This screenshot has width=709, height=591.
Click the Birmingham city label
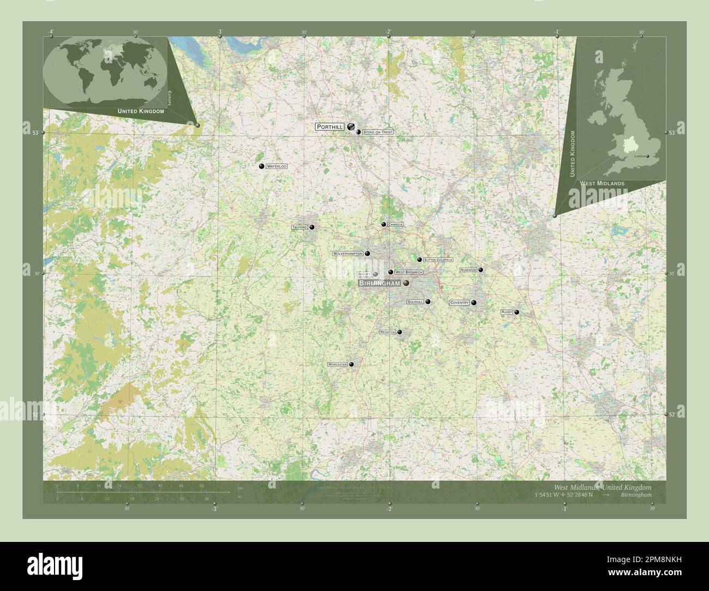pyautogui.click(x=380, y=284)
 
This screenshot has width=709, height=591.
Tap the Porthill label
pyautogui.click(x=330, y=126)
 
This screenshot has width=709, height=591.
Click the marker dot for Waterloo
pyautogui.click(x=262, y=166)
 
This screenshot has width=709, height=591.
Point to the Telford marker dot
pyautogui.click(x=312, y=227)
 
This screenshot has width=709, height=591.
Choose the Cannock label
pyautogui.click(x=395, y=225)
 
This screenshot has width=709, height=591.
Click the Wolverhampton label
pyautogui.click(x=348, y=254)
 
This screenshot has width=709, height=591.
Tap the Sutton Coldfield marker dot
pyautogui.click(x=419, y=260)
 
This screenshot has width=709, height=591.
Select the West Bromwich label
pyautogui.click(x=408, y=272)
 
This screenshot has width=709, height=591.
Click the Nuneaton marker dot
pyautogui.click(x=480, y=269)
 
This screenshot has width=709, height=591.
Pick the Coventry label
pyautogui.click(x=459, y=303)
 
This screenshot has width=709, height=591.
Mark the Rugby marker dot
pyautogui.click(x=516, y=312)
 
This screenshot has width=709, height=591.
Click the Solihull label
pyautogui.click(x=415, y=301)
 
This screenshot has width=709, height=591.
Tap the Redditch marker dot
pyautogui.click(x=400, y=331)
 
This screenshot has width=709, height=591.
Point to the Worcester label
pyautogui.click(x=338, y=364)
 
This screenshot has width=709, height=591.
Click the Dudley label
pyautogui.click(x=364, y=274)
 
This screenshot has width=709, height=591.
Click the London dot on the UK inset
pyautogui.click(x=647, y=156)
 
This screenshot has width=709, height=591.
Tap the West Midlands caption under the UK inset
pyautogui.click(x=602, y=184)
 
